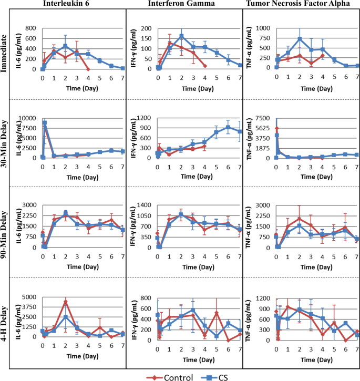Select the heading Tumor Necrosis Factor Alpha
tap(301, 5)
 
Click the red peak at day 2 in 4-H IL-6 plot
tap(65, 302)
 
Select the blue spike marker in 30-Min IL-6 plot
tap(45, 123)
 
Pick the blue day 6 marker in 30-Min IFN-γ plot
tap(228, 127)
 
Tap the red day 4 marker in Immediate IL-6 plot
tap(88, 69)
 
